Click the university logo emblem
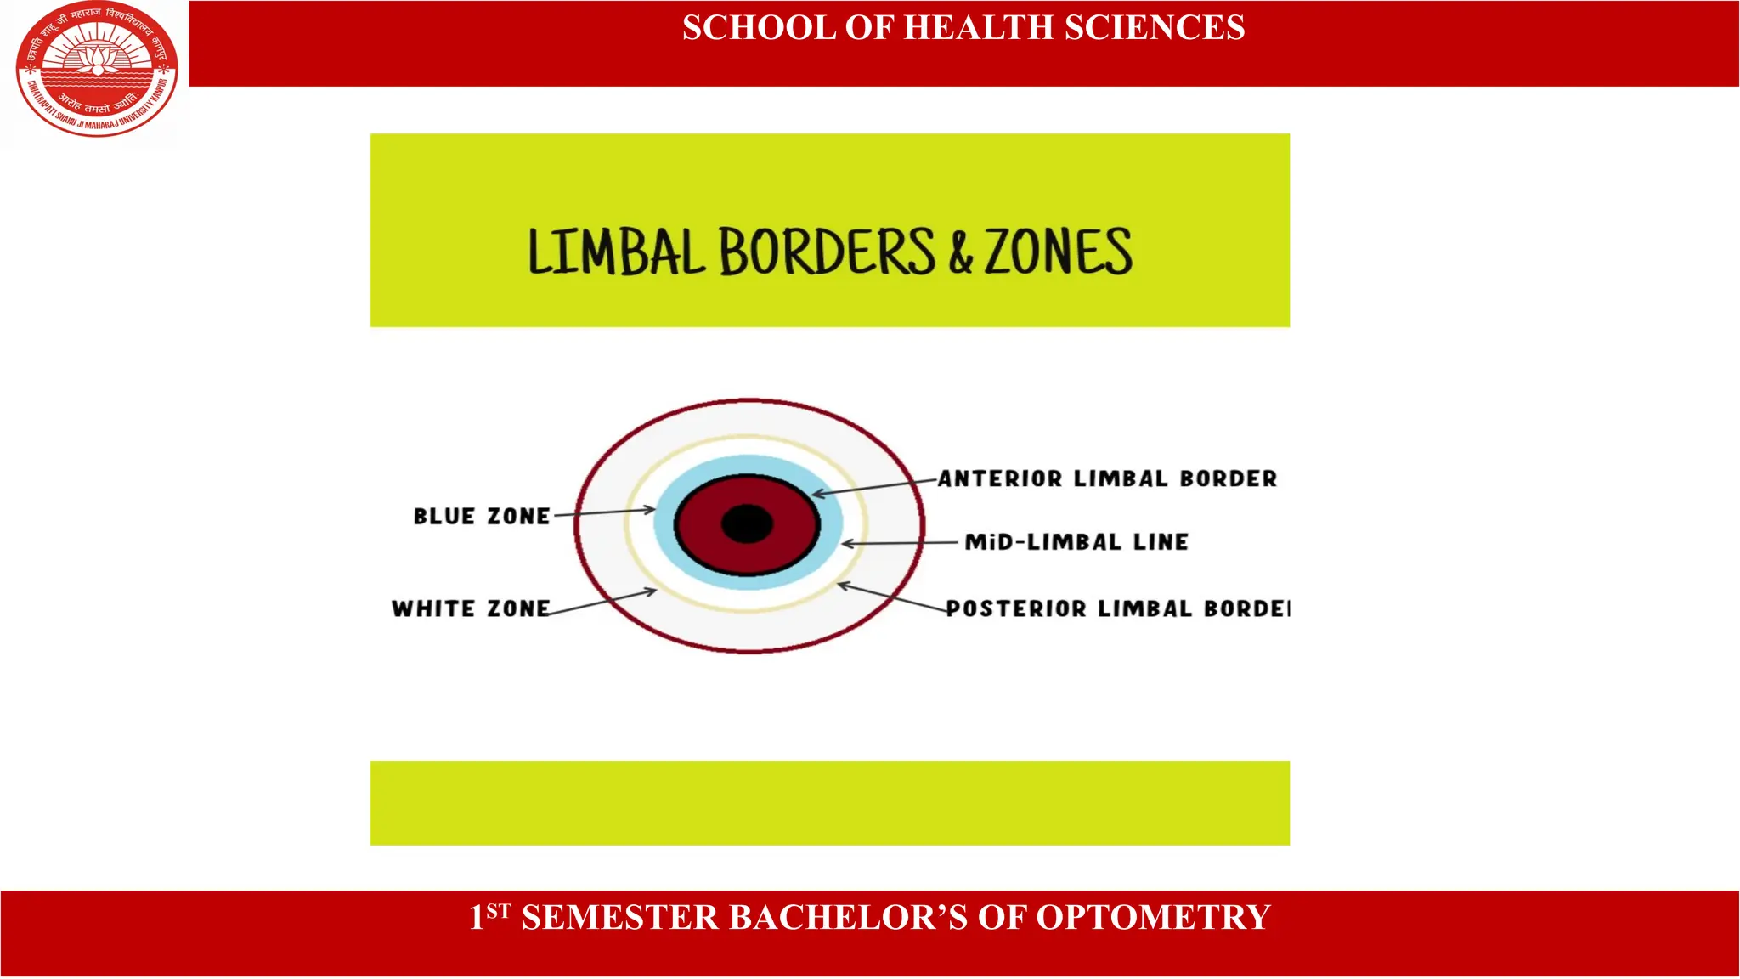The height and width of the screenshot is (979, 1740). [x=97, y=70]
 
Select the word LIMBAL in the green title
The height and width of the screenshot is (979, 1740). [x=616, y=252]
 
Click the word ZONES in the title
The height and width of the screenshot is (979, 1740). [x=1058, y=252]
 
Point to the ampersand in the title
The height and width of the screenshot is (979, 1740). [x=960, y=253]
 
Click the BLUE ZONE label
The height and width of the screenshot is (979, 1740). [x=482, y=517]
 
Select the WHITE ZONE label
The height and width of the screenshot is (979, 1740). [x=471, y=608]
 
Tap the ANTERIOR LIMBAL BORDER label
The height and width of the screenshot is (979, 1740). [x=1108, y=479]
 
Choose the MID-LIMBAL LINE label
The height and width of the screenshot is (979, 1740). [x=1076, y=542]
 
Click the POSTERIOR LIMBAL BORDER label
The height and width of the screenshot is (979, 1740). [x=1117, y=608]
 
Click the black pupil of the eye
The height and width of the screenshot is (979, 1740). [x=747, y=523]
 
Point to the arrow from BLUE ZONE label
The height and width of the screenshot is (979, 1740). [x=604, y=512]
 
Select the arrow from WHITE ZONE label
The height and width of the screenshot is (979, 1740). [x=603, y=601]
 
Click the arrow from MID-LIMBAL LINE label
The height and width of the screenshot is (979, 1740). [x=899, y=543]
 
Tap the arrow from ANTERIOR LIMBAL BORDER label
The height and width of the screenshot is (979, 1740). [x=875, y=487]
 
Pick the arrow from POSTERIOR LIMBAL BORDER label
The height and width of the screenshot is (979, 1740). [x=892, y=597]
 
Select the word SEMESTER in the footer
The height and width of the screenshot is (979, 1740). [x=620, y=918]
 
